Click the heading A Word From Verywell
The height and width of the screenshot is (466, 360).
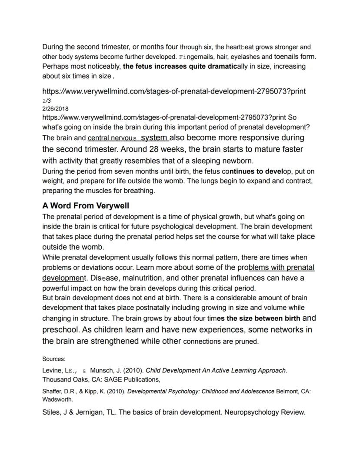86,205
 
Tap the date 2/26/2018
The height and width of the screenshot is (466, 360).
55,109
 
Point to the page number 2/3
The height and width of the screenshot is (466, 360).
47,101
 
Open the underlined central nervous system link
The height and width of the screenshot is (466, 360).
128,138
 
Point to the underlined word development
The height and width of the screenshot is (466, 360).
63,278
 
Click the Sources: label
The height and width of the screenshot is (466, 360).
53,359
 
